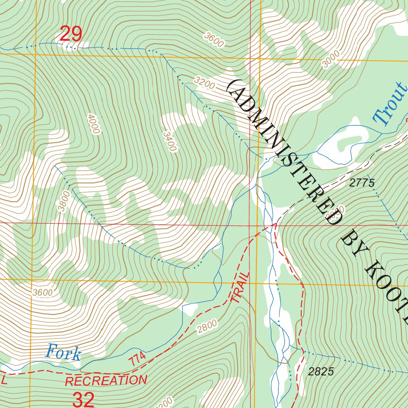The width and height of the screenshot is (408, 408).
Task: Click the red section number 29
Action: pos(71,34)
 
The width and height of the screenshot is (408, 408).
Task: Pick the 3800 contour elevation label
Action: pos(63,202)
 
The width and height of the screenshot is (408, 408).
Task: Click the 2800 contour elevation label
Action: pos(207,326)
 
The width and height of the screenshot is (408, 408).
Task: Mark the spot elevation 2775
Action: pos(362,183)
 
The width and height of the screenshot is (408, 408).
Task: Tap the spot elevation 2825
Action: pos(321,372)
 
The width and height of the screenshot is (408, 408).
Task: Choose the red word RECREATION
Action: pos(106,381)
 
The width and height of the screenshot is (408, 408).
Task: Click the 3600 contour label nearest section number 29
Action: pos(214,40)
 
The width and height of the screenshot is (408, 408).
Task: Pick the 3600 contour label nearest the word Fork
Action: pos(43,292)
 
